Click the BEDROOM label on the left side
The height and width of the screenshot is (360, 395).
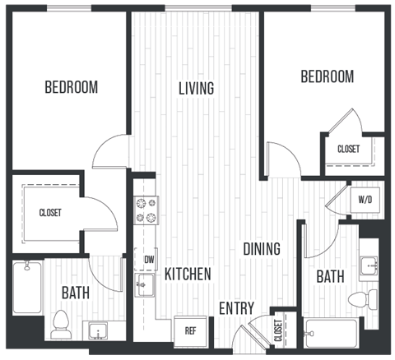(71, 86)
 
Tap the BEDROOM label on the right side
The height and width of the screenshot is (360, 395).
(327, 76)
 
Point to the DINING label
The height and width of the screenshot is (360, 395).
(261, 248)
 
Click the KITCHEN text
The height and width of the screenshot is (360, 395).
(187, 274)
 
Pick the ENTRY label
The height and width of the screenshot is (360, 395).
(236, 308)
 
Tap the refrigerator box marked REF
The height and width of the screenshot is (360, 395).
(190, 331)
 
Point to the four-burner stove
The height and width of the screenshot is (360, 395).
(146, 210)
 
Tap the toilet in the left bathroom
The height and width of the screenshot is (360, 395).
(62, 325)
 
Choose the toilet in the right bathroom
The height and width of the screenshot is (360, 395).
(360, 298)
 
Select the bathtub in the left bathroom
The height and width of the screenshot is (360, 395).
(28, 288)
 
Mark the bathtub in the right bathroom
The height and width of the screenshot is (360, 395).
(330, 335)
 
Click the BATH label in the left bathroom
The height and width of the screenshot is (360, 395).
(75, 292)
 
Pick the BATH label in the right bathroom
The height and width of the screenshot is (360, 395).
(331, 278)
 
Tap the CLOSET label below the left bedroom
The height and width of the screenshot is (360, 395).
(50, 213)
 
